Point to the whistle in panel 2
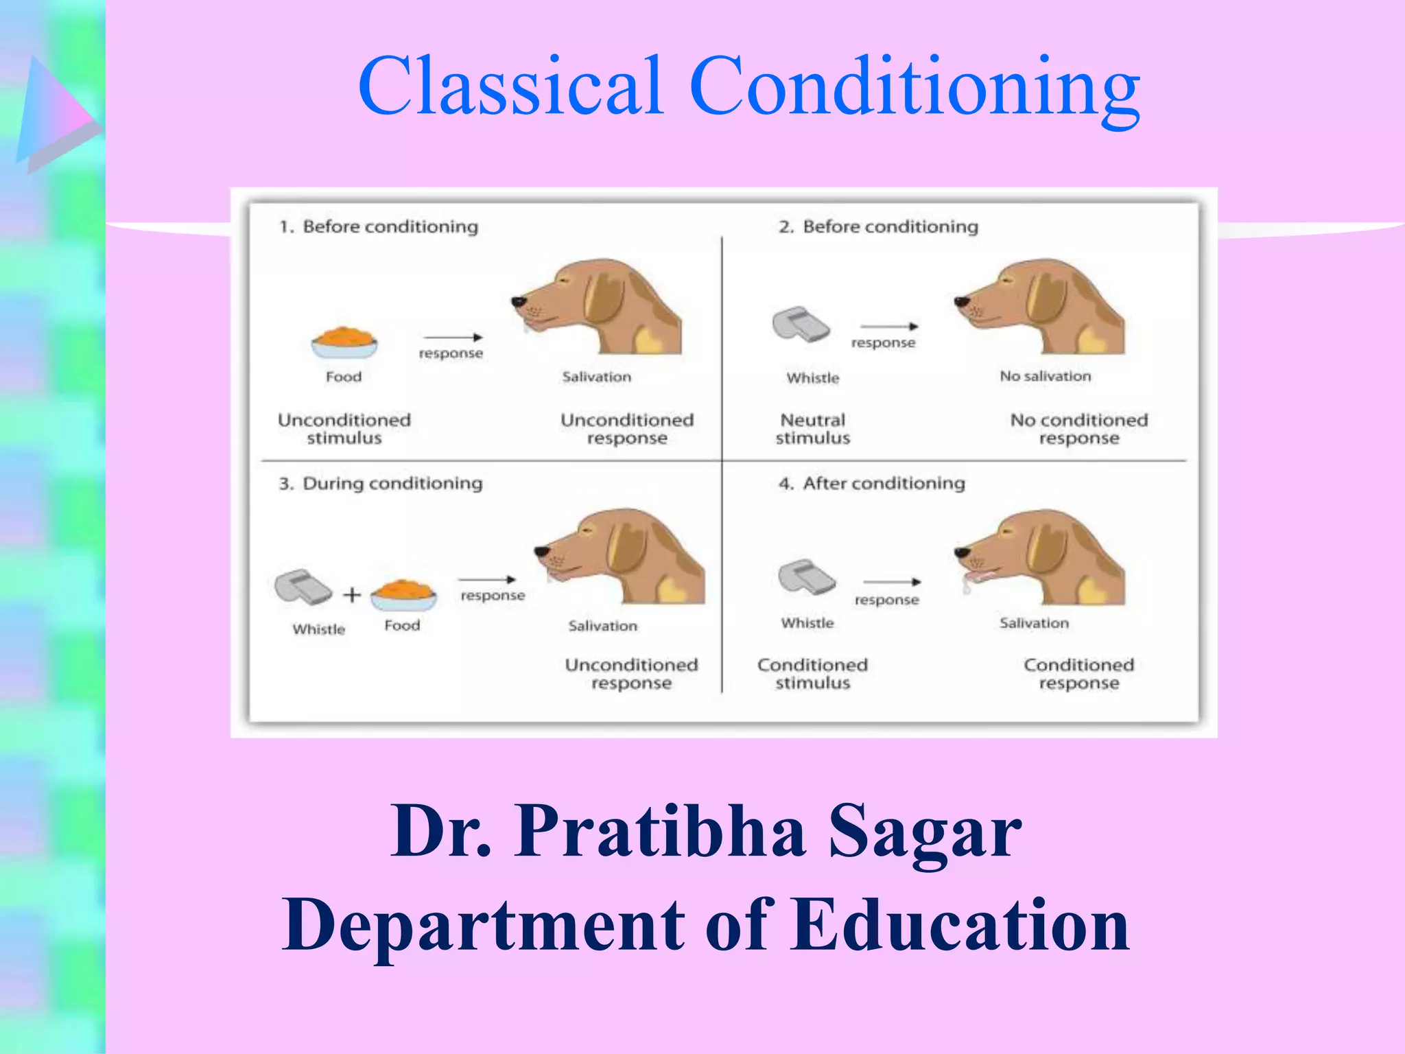pyautogui.click(x=801, y=325)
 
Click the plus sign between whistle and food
pyautogui.click(x=352, y=594)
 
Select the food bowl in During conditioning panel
pyautogui.click(x=403, y=594)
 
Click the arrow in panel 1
pyautogui.click(x=453, y=337)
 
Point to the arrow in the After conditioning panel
pyautogui.click(x=892, y=582)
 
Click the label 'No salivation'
pyautogui.click(x=1045, y=376)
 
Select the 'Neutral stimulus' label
pyautogui.click(x=813, y=429)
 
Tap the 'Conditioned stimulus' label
pyautogui.click(x=812, y=673)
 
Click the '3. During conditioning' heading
pyautogui.click(x=381, y=483)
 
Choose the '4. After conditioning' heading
pyautogui.click(x=871, y=483)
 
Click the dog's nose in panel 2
pyautogui.click(x=961, y=301)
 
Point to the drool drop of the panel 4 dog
pyautogui.click(x=967, y=586)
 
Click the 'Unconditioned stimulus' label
pyautogui.click(x=344, y=429)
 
